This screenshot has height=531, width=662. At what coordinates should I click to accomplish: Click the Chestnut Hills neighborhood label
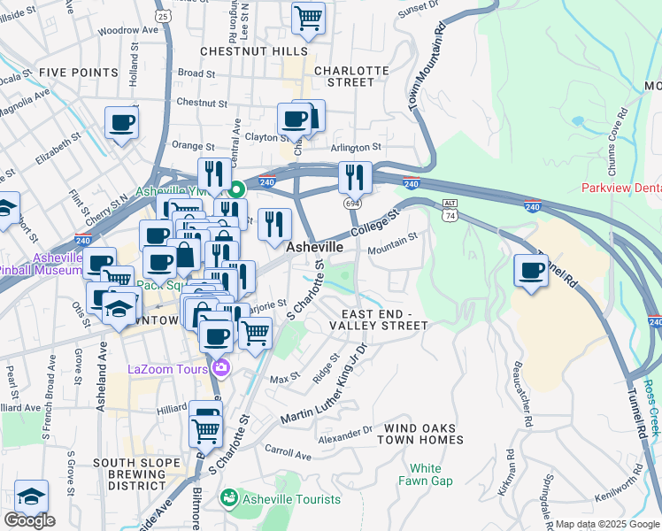(253, 51)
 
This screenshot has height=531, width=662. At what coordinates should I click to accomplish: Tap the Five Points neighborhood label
(79, 73)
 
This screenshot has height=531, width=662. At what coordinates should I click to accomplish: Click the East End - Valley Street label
(378, 319)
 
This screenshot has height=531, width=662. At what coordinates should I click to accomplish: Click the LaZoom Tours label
(166, 369)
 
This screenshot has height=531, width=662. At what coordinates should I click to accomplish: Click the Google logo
(29, 520)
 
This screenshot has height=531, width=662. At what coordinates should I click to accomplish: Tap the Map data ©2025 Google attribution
(607, 524)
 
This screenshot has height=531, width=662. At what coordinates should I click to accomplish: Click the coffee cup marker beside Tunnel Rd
(531, 271)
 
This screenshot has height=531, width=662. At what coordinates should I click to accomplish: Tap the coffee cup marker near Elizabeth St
(121, 123)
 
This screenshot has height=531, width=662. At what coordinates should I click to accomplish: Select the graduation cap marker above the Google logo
(31, 496)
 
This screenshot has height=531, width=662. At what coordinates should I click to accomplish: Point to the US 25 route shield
(161, 15)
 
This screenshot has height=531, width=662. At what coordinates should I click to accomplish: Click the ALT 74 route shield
(450, 209)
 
